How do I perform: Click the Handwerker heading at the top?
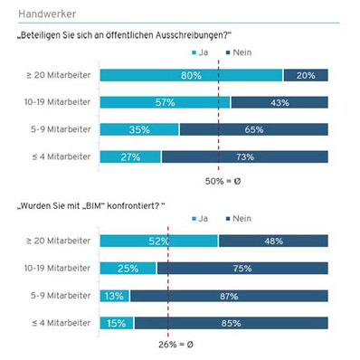click(47, 14)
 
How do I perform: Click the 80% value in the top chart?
click(190, 75)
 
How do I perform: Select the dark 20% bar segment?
click(306, 75)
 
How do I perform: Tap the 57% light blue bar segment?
click(165, 102)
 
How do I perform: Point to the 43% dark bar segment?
click(279, 102)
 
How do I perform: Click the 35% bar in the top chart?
click(139, 129)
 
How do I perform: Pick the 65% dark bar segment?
click(254, 129)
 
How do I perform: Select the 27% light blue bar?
click(130, 156)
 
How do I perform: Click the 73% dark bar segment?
click(245, 156)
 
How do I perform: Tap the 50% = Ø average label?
click(219, 182)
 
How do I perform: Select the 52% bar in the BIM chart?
click(158, 240)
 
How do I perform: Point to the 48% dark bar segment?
click(273, 240)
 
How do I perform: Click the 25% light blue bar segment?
click(128, 268)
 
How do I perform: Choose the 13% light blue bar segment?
click(114, 295)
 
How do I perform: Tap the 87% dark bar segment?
click(229, 295)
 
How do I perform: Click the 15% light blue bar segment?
click(117, 322)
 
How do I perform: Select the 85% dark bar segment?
click(232, 322)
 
